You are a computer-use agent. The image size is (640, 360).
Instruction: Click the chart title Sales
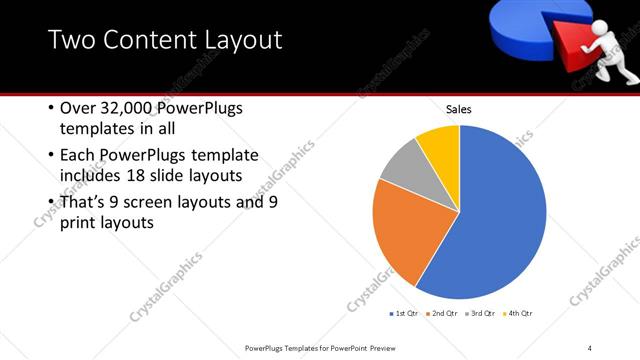458,109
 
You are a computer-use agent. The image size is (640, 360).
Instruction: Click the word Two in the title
74,40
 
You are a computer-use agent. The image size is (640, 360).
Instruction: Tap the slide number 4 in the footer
590,348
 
